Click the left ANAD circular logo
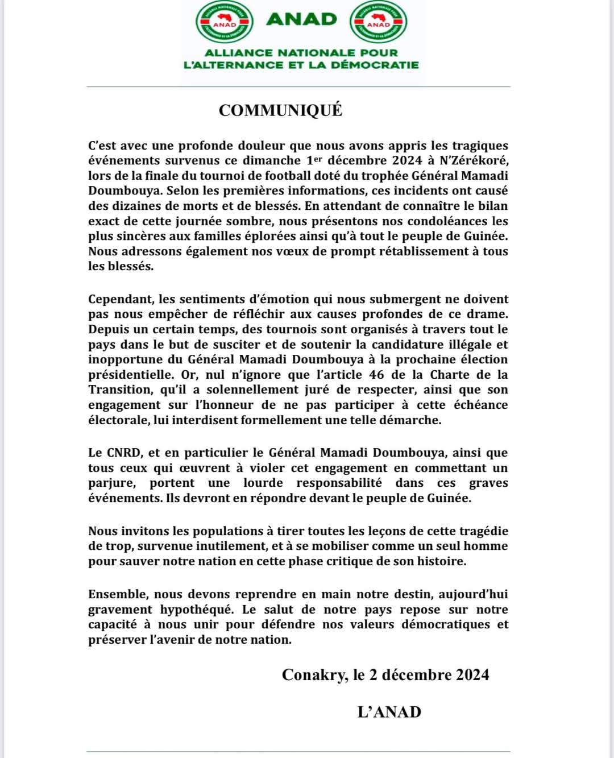225,22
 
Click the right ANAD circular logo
378,22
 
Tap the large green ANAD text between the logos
301,19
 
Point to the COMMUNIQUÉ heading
280,110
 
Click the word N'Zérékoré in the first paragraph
474,160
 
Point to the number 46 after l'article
376,375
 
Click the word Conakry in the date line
314,675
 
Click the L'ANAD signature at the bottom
389,712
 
